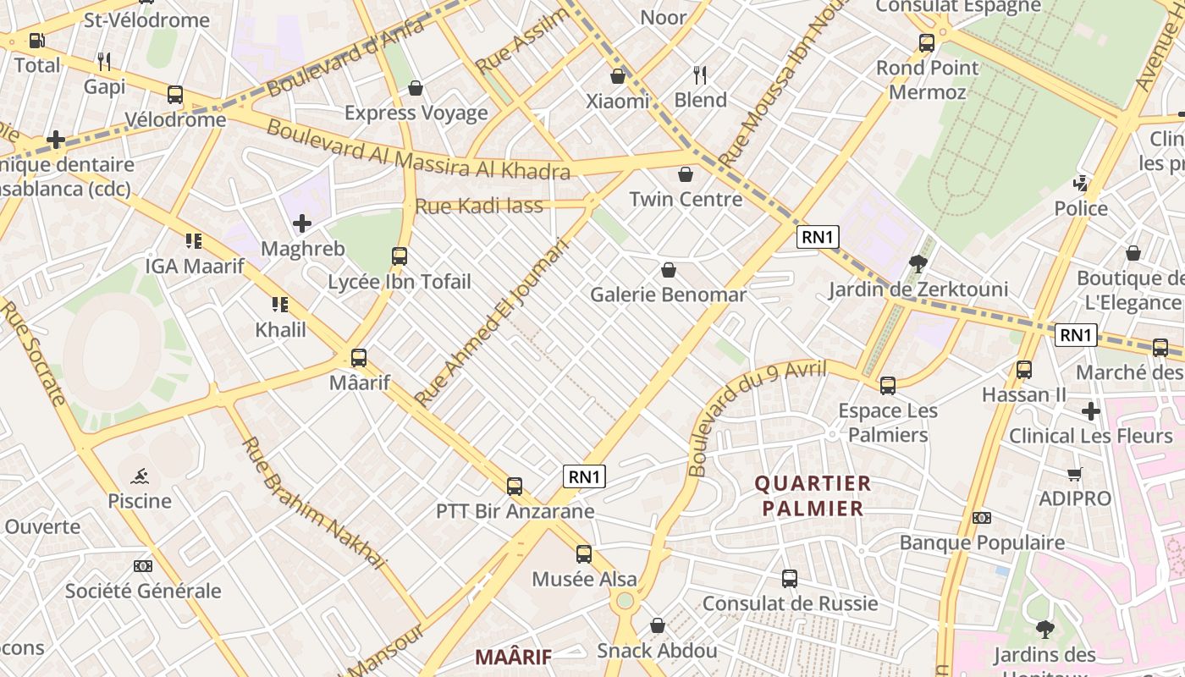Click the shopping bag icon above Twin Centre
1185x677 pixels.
(686, 175)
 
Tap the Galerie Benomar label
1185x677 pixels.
(668, 294)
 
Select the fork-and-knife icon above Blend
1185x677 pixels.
(699, 74)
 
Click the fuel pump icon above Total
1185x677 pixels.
(36, 40)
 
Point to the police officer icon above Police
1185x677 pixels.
(1081, 182)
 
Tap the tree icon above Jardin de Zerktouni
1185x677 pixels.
(918, 264)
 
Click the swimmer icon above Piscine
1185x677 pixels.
(140, 475)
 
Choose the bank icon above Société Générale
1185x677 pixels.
(143, 565)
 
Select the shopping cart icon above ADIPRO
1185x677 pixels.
(1075, 474)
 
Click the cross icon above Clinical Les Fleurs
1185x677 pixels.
(1091, 411)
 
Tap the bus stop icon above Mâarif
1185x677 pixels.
(359, 357)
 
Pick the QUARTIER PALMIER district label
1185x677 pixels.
(813, 496)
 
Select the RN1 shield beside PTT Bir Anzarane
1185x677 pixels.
(584, 476)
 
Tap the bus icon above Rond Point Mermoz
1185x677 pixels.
(927, 42)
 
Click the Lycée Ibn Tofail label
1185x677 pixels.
(399, 282)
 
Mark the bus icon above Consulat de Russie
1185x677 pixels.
(790, 579)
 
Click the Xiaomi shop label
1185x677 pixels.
(618, 102)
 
